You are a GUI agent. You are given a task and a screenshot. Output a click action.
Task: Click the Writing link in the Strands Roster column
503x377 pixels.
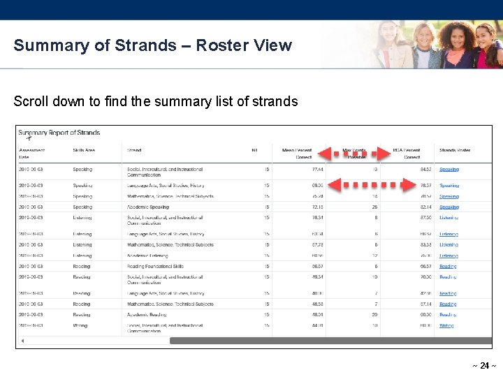point(446,325)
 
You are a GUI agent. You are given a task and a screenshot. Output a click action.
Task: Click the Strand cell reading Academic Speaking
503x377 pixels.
point(148,207)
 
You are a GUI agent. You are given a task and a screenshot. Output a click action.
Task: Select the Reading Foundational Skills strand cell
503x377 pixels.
point(155,266)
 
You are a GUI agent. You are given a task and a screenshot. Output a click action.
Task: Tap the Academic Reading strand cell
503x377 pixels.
point(147,315)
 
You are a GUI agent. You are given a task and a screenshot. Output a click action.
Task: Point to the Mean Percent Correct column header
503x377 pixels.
point(296,154)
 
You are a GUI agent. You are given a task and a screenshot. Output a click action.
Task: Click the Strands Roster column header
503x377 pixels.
point(455,150)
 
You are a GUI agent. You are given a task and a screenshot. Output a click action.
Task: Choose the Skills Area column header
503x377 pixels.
point(84,150)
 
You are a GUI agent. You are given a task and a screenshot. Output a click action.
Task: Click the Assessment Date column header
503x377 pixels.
point(32,154)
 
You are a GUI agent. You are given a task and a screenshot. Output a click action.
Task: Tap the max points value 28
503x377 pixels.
point(375,207)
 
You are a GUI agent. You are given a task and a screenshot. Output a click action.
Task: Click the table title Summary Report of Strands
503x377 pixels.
point(59,133)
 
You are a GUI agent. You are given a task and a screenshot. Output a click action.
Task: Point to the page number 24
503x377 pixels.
point(484,366)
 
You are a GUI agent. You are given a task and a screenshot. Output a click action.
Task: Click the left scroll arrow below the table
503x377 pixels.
point(22,341)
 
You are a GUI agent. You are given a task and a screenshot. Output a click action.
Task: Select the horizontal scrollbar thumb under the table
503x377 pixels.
point(328,341)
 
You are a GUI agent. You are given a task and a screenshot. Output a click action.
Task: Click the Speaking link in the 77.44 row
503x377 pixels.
point(449,170)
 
